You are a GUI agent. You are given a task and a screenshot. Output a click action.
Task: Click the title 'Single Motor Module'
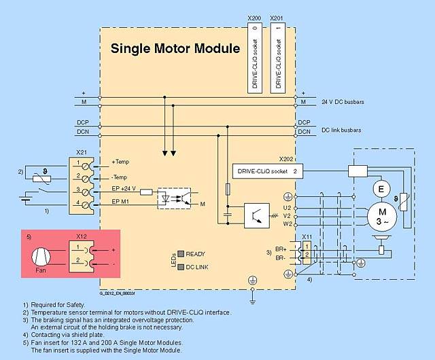[175, 49]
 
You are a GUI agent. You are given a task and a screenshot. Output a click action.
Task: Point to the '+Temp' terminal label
[120, 162]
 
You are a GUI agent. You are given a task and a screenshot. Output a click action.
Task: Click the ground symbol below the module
[252, 296]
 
